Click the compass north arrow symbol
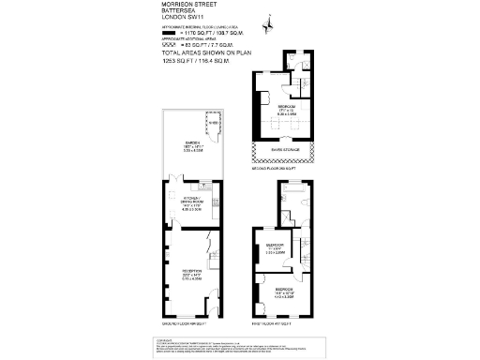267,21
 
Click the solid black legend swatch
169,33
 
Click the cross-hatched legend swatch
169,44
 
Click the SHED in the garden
211,124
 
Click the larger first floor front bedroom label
282,291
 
